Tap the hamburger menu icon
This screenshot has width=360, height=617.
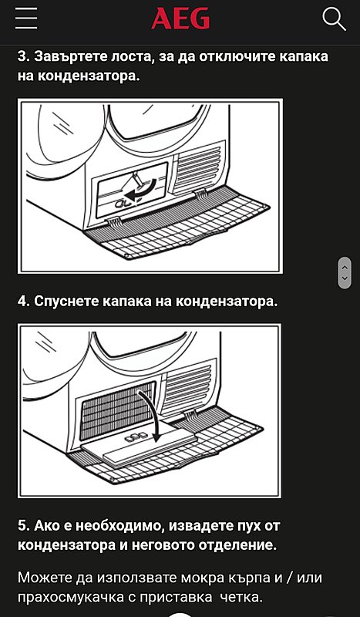(x=26, y=19)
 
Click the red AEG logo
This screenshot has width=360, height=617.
(x=180, y=19)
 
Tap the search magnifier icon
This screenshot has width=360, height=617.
(x=334, y=19)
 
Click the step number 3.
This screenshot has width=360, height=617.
(x=22, y=56)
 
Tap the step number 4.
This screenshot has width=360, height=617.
(x=22, y=302)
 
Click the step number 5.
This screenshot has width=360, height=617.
(x=22, y=526)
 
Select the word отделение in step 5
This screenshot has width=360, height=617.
(x=237, y=545)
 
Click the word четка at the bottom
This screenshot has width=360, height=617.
(x=238, y=597)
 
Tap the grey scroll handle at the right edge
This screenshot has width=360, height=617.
(x=345, y=271)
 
